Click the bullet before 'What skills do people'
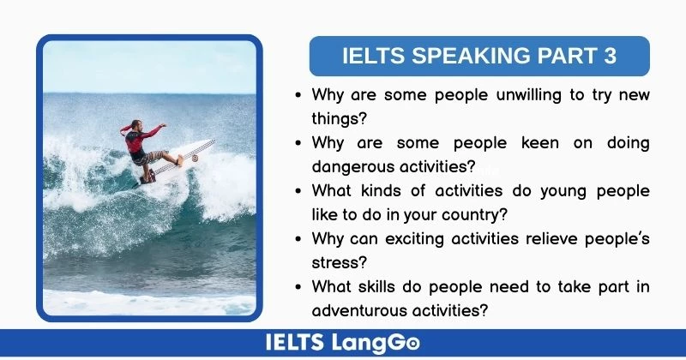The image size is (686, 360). (298, 286)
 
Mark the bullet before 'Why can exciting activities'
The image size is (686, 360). (298, 238)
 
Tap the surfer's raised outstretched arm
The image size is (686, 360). (151, 130)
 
